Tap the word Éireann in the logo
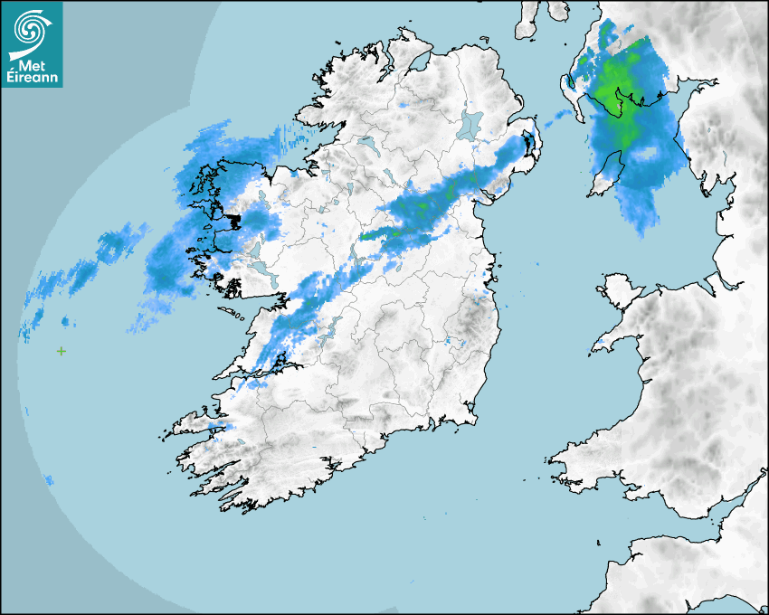pos(32,78)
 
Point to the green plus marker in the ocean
pos(62,351)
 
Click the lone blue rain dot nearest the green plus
pos(65,321)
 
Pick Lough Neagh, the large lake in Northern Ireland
pos(470,124)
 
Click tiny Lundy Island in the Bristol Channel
pos(599,541)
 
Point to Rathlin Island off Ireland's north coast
pos(479,39)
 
